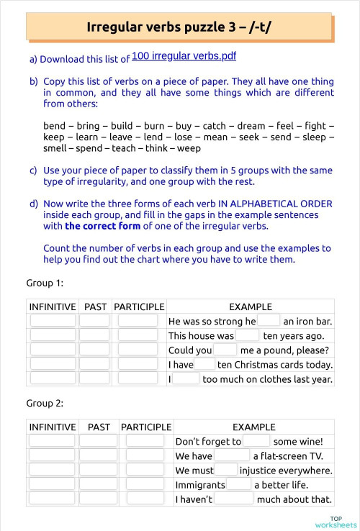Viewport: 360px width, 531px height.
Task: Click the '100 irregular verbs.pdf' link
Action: click(184, 55)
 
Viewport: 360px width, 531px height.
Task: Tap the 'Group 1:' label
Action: click(45, 283)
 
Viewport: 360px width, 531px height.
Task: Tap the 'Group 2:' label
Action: click(45, 403)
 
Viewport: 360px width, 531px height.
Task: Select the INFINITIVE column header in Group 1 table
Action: click(52, 307)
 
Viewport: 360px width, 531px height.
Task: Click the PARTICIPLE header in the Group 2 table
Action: click(146, 427)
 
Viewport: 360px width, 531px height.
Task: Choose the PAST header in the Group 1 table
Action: click(95, 307)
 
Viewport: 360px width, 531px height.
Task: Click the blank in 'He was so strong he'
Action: click(269, 321)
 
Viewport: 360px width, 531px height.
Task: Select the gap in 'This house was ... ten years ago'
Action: click(248, 335)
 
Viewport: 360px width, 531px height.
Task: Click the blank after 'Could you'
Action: click(225, 350)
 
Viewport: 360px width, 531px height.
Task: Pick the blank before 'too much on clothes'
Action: click(186, 378)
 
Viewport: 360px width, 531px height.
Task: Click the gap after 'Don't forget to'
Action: click(257, 441)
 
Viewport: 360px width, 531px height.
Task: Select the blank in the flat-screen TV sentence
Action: click(232, 455)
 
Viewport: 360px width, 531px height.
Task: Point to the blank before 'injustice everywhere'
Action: click(226, 470)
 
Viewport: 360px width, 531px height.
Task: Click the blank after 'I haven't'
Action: click(234, 499)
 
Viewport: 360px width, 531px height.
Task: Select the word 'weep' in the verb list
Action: click(189, 148)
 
